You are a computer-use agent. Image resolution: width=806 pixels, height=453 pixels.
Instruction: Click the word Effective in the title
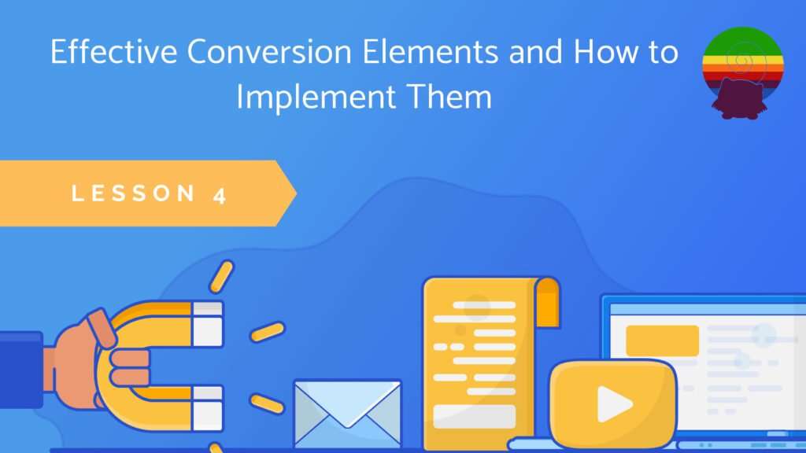click(113, 51)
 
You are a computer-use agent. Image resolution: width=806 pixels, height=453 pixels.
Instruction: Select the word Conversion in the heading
click(269, 51)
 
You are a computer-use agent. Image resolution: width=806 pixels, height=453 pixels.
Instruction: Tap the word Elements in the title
click(431, 51)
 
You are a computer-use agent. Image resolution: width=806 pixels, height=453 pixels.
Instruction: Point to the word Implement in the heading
click(316, 98)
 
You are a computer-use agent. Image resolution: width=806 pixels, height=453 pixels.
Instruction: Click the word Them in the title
click(449, 96)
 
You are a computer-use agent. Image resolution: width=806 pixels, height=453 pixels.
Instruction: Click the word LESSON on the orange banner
click(133, 193)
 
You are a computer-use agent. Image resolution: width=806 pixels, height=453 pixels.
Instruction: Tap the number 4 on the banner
click(220, 195)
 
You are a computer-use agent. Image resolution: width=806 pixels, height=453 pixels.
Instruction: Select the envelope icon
click(347, 414)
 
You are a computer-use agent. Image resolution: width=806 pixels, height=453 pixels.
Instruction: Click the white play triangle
click(614, 403)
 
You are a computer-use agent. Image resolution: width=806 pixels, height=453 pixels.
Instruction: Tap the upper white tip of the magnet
click(207, 324)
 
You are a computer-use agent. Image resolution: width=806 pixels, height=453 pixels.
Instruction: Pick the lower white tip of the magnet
click(207, 408)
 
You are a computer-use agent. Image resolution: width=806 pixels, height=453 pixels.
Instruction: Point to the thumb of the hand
click(102, 329)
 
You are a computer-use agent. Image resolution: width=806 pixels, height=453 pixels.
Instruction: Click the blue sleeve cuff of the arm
click(21, 370)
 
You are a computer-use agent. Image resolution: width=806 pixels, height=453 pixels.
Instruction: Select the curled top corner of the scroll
click(547, 302)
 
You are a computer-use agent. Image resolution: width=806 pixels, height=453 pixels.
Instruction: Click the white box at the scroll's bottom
click(474, 417)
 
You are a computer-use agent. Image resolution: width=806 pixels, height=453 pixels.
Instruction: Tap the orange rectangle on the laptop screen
click(662, 341)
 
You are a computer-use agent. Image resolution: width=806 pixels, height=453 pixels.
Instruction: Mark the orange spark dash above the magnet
click(221, 277)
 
